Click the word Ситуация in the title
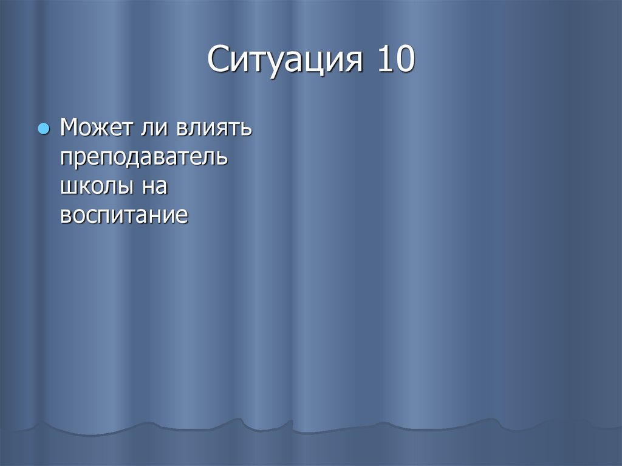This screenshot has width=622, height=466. click(286, 62)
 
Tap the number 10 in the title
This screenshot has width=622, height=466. click(394, 62)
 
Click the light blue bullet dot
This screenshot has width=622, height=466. click(43, 129)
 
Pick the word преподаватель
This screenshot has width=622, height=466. click(144, 159)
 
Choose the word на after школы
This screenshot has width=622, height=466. click(154, 187)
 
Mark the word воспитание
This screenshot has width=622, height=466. click(124, 216)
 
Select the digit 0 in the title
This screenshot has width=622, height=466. click(405, 62)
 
